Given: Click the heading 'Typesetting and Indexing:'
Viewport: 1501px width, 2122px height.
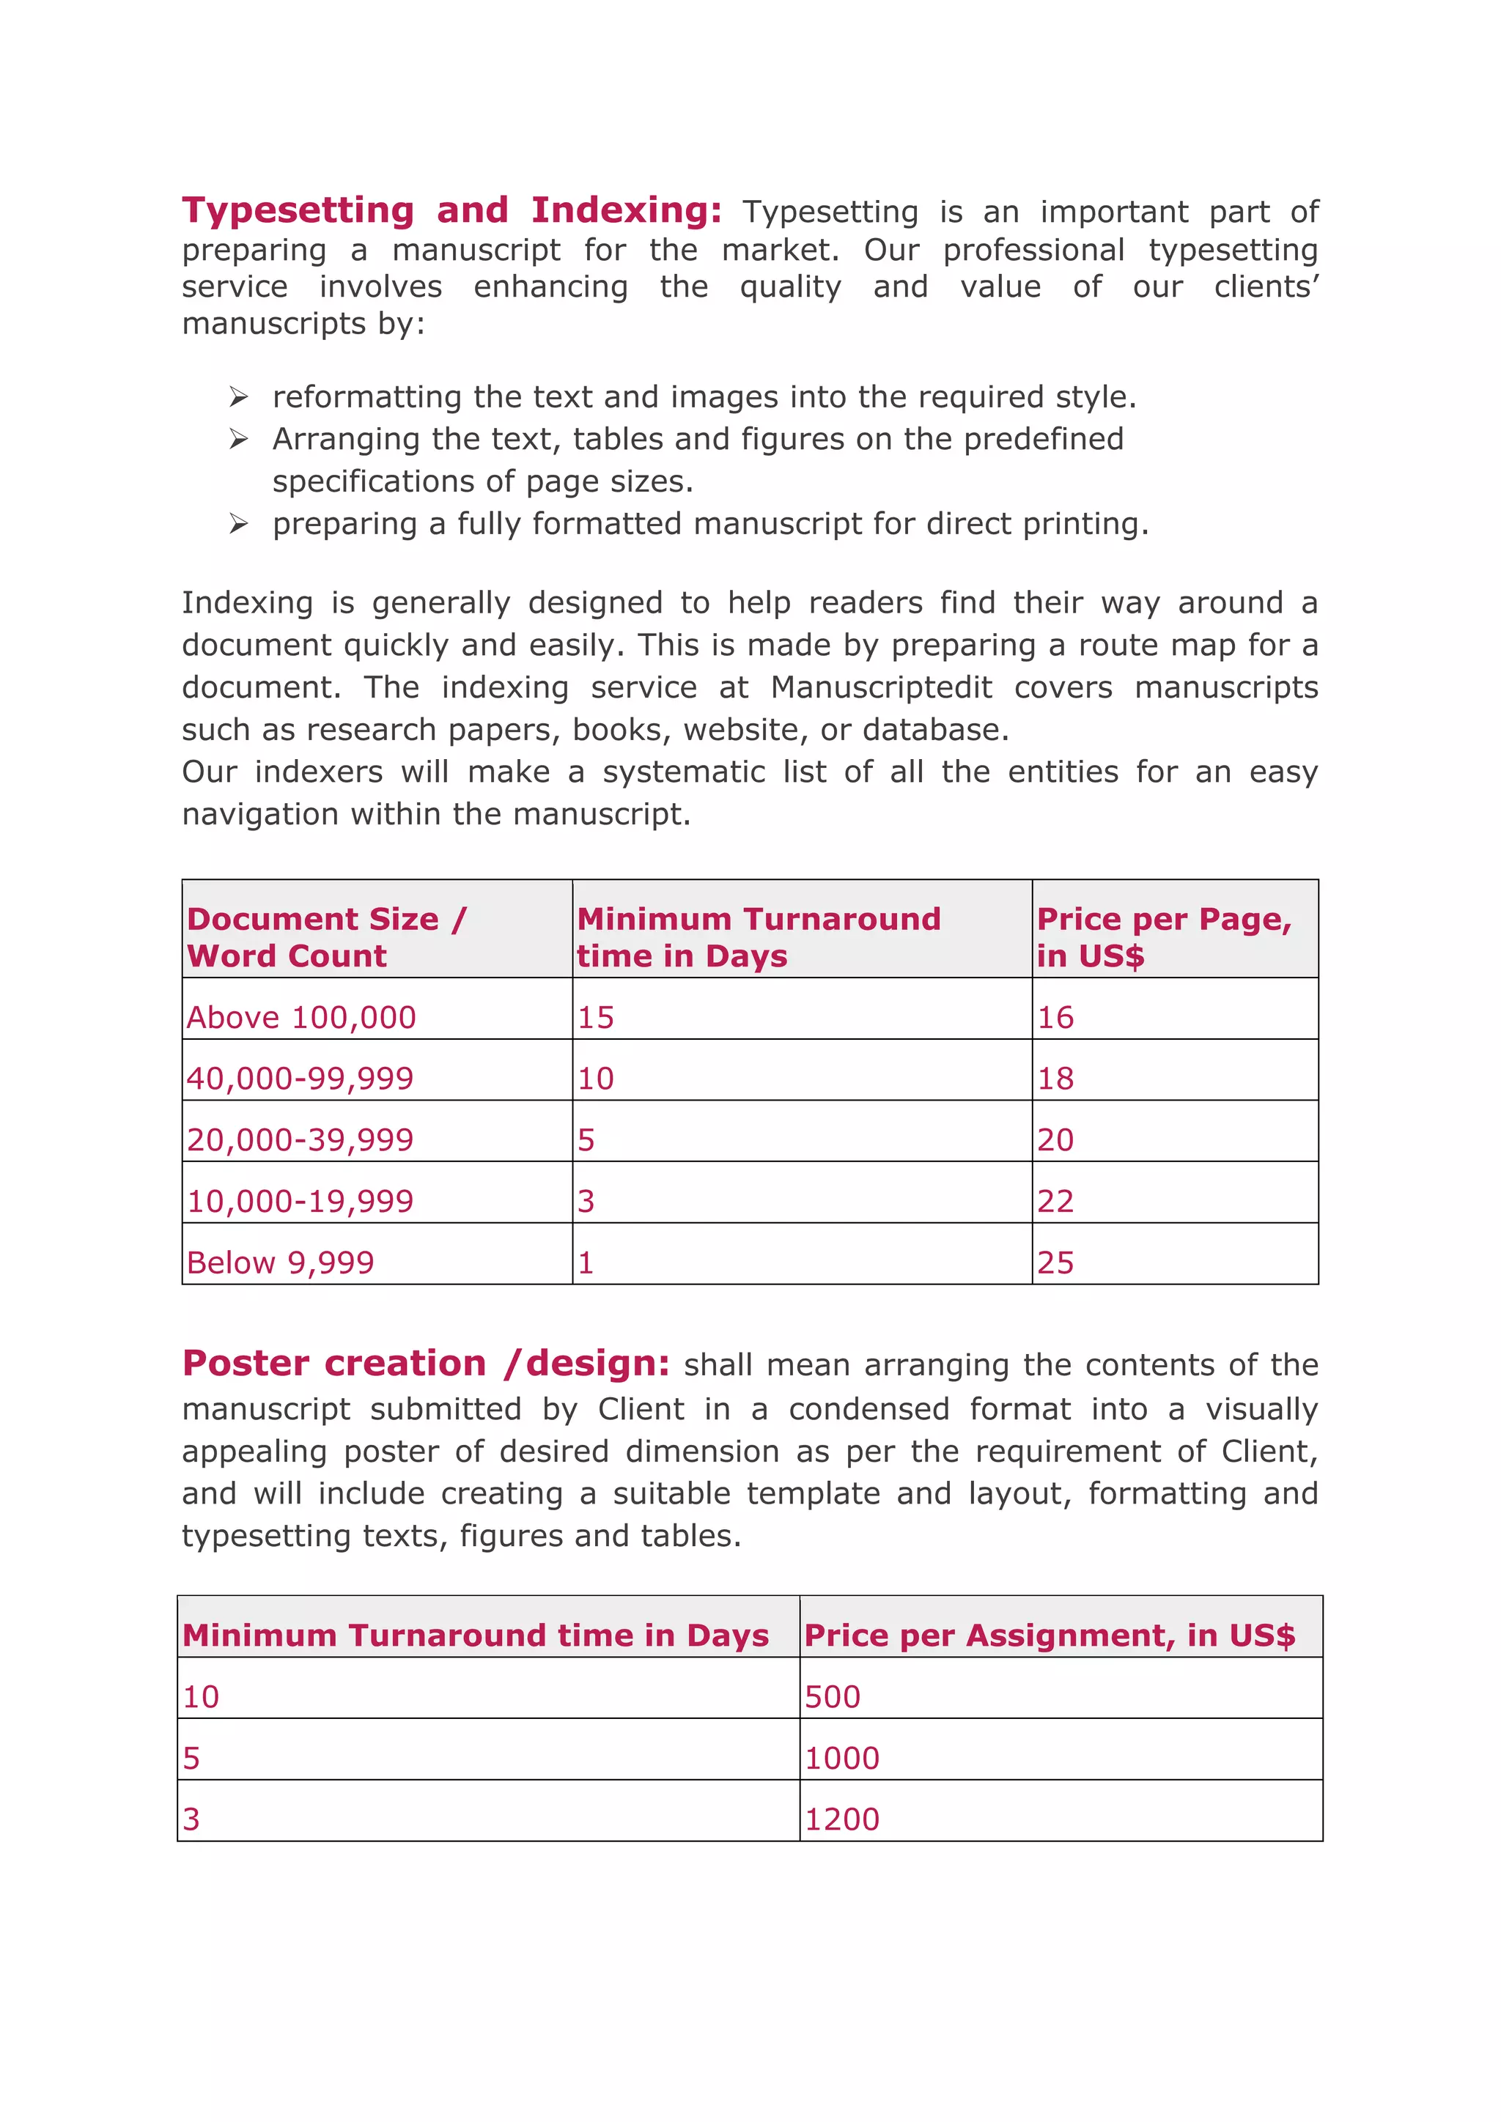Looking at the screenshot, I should coord(451,211).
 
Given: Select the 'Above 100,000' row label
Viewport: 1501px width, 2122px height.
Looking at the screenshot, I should coord(301,1018).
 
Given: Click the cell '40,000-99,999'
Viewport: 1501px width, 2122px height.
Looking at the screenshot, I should coord(300,1079).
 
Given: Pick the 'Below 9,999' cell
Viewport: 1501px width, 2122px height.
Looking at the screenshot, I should coord(280,1263).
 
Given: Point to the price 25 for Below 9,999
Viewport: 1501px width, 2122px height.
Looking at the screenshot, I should coord(1055,1263).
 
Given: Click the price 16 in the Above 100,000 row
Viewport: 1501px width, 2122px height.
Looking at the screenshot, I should coord(1055,1018).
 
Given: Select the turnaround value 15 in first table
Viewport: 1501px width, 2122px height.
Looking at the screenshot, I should coord(595,1018).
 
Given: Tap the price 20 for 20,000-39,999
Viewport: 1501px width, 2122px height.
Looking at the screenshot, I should coord(1055,1139).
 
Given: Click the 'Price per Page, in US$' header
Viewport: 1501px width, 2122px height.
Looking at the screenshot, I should coord(1162,937).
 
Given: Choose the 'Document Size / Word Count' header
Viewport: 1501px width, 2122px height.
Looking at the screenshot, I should coord(326,937).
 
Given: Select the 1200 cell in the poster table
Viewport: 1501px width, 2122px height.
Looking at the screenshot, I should coord(841,1819).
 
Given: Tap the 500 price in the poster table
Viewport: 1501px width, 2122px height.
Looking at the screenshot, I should coord(832,1697).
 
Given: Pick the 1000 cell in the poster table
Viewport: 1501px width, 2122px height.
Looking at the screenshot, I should coord(841,1758).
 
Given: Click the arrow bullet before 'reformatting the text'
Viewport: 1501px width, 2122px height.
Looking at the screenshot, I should coord(238,397).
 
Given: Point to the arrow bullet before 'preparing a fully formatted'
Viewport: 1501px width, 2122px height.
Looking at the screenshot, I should coord(238,524).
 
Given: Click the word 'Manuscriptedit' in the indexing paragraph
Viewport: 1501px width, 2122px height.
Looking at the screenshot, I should coord(881,687).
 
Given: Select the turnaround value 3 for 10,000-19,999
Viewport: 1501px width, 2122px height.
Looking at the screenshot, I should coord(586,1202).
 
